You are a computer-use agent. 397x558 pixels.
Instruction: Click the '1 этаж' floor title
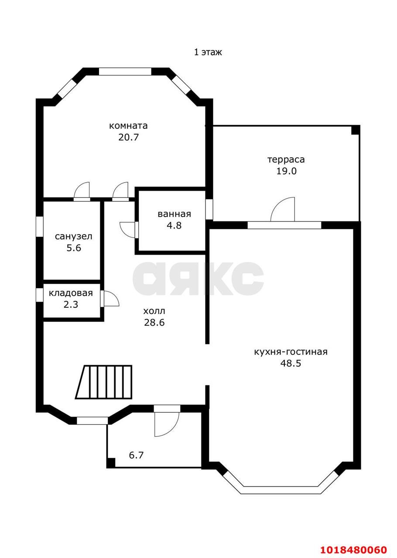click(208, 52)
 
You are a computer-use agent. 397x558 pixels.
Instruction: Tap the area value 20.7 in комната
click(128, 137)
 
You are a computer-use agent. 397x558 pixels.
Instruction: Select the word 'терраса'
click(286, 160)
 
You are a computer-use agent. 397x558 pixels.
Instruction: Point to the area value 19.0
click(286, 171)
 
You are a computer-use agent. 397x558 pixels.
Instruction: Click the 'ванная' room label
click(175, 214)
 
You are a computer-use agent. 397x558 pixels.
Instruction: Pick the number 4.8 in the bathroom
click(174, 225)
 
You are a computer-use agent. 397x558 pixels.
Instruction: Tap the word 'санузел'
click(74, 236)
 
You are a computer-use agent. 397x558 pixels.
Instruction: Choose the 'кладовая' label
click(71, 293)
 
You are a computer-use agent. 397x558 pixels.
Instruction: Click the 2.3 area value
click(71, 304)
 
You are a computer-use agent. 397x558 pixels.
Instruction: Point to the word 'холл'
click(154, 311)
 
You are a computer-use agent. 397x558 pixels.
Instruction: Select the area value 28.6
click(154, 323)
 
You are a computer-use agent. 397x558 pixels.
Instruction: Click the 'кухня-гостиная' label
click(291, 352)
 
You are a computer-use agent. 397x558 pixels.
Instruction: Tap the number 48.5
click(291, 363)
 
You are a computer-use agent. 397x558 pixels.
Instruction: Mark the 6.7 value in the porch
click(136, 456)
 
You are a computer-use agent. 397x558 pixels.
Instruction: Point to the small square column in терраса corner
click(356, 130)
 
